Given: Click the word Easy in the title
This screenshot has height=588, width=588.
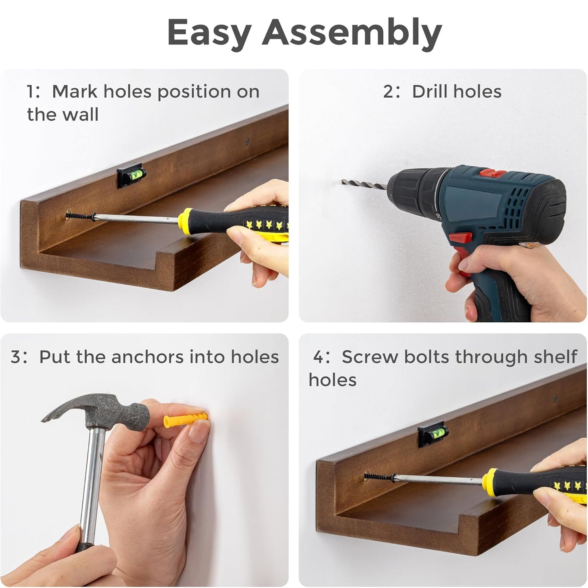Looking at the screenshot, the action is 209,33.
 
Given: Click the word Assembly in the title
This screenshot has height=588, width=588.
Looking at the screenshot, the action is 352,33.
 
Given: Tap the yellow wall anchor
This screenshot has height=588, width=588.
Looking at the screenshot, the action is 186,420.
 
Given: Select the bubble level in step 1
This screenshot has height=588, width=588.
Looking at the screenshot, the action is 131,176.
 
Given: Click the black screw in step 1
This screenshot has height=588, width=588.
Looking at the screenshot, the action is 80,216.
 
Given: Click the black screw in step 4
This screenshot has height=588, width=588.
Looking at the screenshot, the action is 378,477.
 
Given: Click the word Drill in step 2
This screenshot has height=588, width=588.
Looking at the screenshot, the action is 430,91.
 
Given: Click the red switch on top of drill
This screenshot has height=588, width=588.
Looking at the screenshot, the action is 492,173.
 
